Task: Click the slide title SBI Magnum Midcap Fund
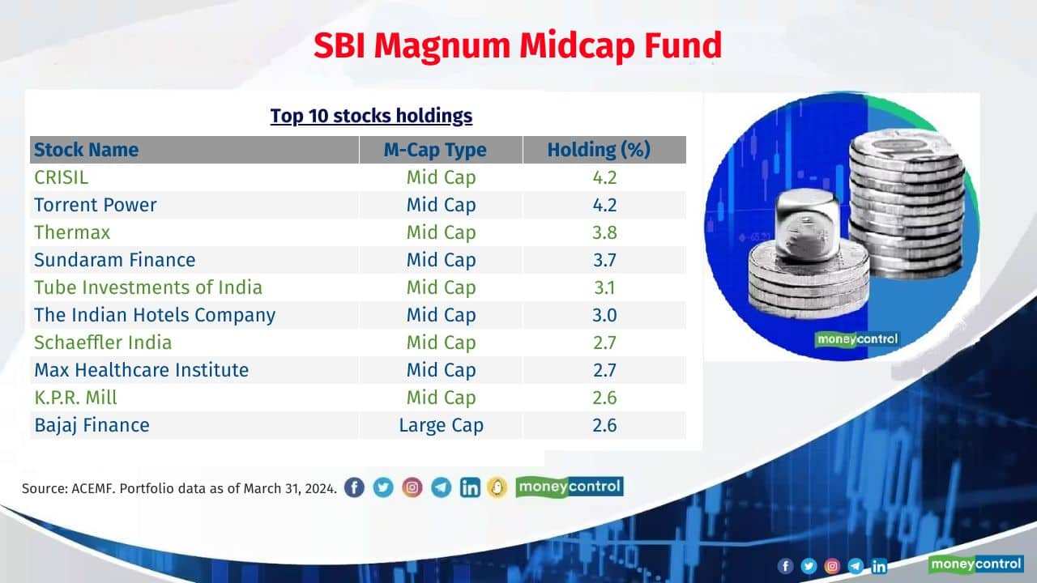(x=517, y=46)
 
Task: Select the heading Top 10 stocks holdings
(x=371, y=116)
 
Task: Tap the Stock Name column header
(x=86, y=150)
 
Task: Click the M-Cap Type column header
(x=441, y=150)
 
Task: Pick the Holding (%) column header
(x=599, y=150)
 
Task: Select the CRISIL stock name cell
(x=61, y=177)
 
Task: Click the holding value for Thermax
(x=604, y=232)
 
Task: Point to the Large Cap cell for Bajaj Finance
(x=441, y=425)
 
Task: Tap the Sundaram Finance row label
(x=114, y=260)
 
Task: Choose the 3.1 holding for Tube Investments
(x=604, y=287)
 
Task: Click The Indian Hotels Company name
(x=154, y=315)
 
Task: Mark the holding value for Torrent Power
(x=604, y=205)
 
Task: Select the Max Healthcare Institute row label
(x=141, y=370)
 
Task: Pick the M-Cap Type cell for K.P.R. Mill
(x=441, y=398)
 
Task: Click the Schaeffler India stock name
(x=103, y=343)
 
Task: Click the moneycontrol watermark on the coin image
(x=857, y=339)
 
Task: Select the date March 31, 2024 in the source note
(x=289, y=489)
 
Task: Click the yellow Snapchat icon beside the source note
(x=497, y=487)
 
